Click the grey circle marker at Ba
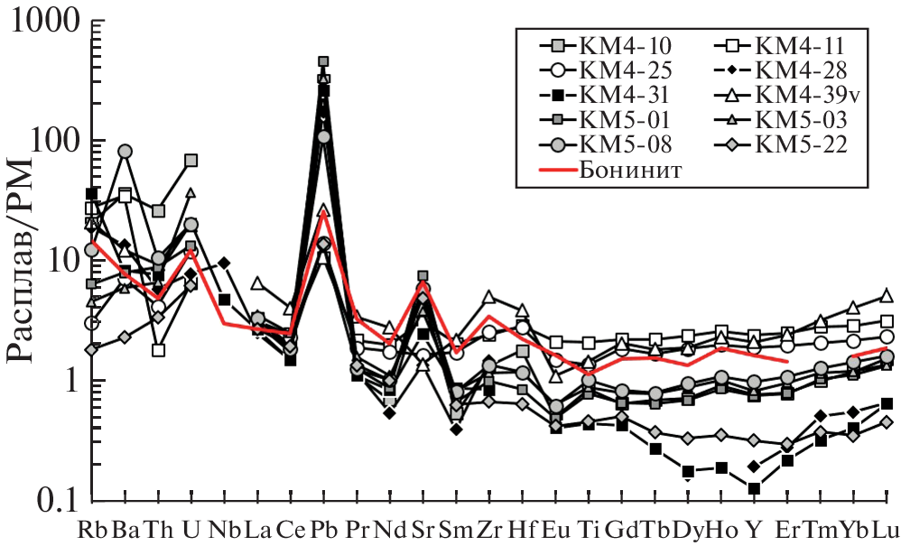[x=125, y=152]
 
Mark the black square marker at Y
[x=754, y=488]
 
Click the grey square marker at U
[x=190, y=161]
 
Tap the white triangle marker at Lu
[x=887, y=295]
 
